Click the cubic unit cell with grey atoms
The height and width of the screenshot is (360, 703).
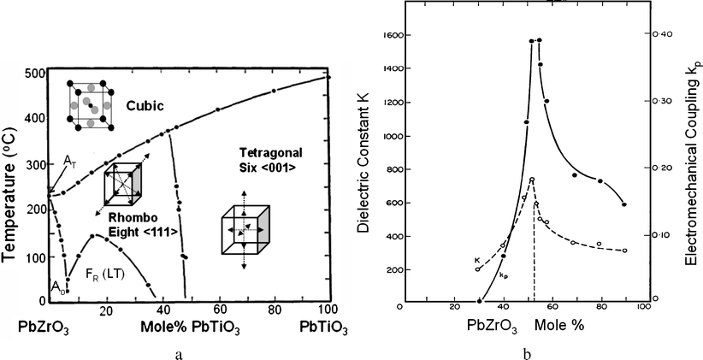[x=90, y=107]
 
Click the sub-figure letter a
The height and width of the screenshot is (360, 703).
[x=175, y=351]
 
